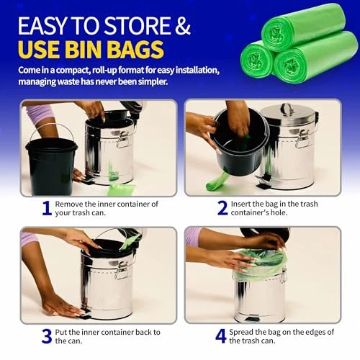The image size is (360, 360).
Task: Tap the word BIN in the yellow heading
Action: click(x=84, y=49)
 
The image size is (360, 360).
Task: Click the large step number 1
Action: click(x=47, y=208)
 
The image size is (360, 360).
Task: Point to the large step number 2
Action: click(x=222, y=208)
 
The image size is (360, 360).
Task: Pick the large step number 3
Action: click(x=47, y=336)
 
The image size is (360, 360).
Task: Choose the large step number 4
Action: click(x=221, y=336)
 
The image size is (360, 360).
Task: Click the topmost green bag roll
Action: click(x=304, y=27)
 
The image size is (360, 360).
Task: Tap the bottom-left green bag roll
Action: click(x=258, y=59)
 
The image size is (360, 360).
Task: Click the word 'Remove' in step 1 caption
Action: click(x=69, y=204)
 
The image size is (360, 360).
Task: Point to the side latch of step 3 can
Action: click(x=122, y=269)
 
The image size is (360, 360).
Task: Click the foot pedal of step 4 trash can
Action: click(x=249, y=320)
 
